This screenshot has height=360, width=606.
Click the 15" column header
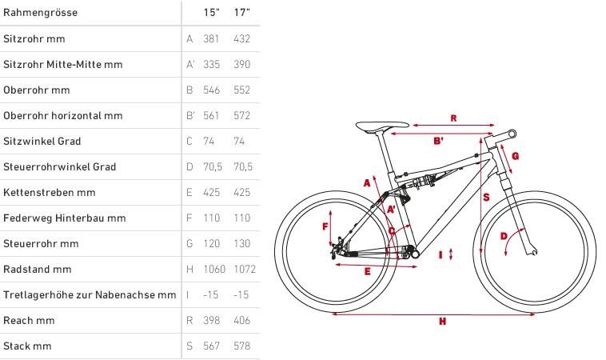click(x=211, y=12)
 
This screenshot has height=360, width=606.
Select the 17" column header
click(x=242, y=12)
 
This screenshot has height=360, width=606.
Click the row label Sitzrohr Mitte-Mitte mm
click(x=63, y=64)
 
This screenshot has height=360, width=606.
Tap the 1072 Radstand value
click(x=245, y=269)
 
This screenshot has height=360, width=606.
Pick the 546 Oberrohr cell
click(x=211, y=90)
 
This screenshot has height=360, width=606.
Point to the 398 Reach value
click(x=211, y=320)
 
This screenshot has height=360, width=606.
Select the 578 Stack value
click(x=242, y=346)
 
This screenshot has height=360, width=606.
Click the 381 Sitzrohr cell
click(x=211, y=38)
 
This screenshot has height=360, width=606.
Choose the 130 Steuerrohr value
click(x=242, y=244)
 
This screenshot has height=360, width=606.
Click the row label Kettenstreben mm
click(x=49, y=192)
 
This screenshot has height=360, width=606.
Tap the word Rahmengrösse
click(x=40, y=12)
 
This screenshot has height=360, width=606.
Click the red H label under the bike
click(x=443, y=321)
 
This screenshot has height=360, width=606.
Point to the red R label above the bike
click(x=454, y=118)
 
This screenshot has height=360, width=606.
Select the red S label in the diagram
click(x=486, y=198)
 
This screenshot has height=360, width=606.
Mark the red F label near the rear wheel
click(x=325, y=226)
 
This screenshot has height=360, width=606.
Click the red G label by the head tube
click(x=515, y=156)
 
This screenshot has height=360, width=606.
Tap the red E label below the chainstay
click(x=367, y=271)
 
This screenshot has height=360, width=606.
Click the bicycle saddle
click(x=382, y=126)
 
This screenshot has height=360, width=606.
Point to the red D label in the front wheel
click(x=504, y=236)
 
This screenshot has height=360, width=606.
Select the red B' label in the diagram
click(x=438, y=141)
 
